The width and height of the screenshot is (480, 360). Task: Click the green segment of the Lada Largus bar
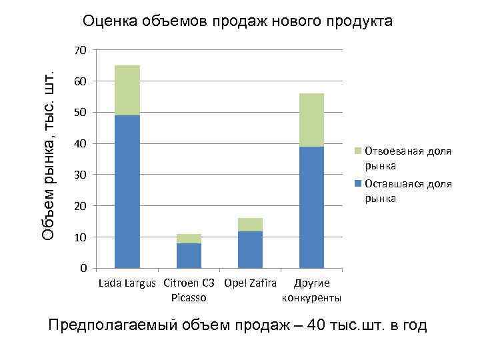(127, 90)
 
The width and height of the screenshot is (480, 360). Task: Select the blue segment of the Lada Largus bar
(127, 191)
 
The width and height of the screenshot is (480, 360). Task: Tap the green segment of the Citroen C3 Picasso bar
(189, 239)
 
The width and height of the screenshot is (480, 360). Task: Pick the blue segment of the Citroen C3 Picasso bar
(189, 255)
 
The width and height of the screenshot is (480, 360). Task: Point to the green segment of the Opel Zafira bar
(250, 225)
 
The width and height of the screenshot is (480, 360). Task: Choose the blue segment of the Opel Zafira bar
(250, 249)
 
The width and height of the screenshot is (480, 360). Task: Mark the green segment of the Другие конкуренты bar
(311, 120)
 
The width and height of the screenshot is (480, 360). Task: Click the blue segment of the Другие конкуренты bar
(311, 207)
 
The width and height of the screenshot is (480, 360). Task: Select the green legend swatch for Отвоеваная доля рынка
(359, 151)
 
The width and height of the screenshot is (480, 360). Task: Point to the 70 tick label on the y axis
(81, 50)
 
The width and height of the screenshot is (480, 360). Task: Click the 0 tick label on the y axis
(83, 268)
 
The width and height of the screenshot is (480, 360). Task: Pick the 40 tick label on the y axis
(81, 143)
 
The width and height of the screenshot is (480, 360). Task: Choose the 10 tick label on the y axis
(81, 237)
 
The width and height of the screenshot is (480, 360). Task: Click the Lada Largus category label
(127, 283)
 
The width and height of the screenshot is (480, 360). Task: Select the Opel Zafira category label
(251, 283)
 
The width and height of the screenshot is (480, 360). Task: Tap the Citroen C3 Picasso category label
(189, 290)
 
